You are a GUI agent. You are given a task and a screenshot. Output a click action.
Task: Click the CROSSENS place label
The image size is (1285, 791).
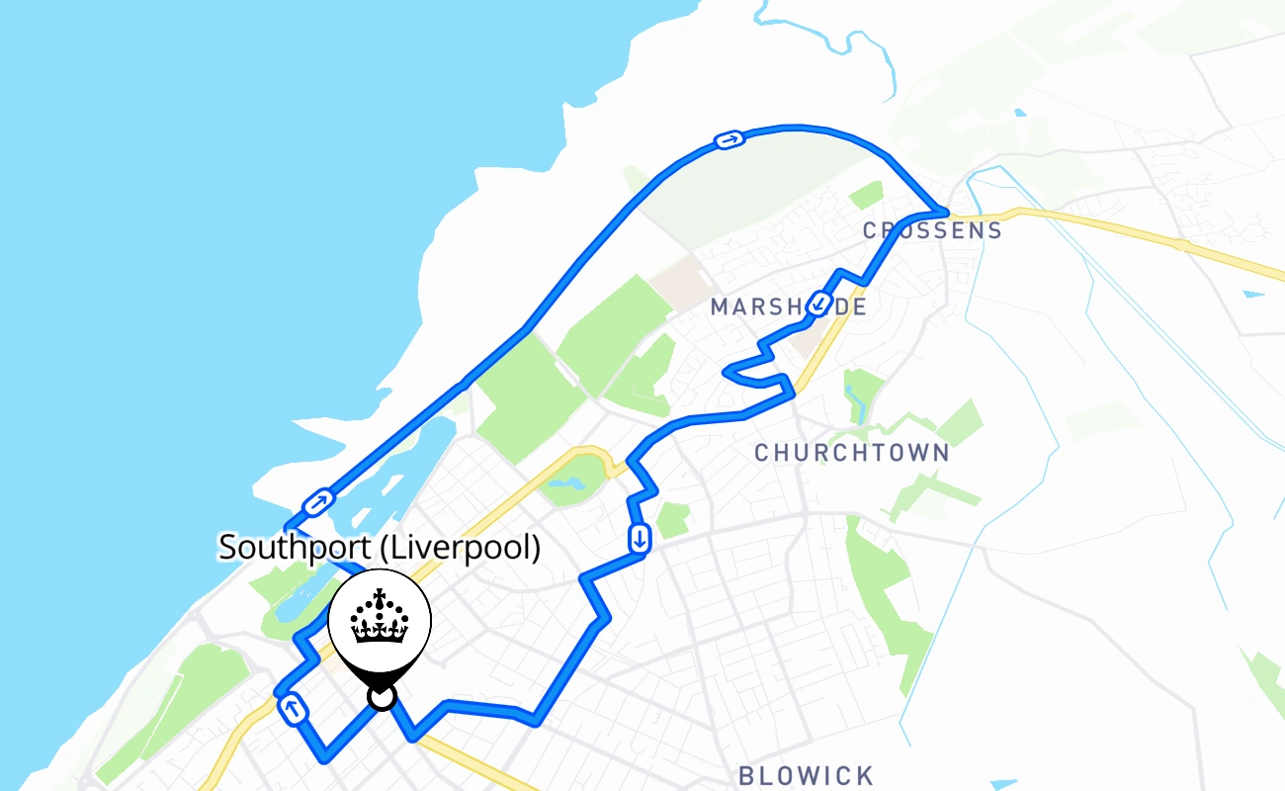click(x=932, y=231)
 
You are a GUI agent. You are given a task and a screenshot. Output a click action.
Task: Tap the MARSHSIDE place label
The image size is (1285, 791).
click(x=788, y=308)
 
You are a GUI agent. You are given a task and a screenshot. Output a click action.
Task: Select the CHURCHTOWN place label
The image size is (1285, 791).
click(x=851, y=453)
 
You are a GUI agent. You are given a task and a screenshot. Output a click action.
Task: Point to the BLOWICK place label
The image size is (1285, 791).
click(x=807, y=775)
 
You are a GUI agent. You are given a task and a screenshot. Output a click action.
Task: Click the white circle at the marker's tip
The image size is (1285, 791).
click(x=381, y=698)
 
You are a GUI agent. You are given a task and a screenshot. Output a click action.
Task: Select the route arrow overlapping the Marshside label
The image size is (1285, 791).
click(x=818, y=304)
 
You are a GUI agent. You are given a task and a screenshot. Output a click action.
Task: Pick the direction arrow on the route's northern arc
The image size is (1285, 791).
click(x=728, y=140)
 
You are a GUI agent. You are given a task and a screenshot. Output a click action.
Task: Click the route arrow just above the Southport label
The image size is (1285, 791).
click(x=317, y=503)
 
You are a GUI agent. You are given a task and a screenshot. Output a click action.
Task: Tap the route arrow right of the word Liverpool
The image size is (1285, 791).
click(x=640, y=539)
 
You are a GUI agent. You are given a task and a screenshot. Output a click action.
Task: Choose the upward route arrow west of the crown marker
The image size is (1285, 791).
click(x=293, y=708)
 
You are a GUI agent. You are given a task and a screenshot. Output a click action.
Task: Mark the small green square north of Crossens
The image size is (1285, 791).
click(x=865, y=195)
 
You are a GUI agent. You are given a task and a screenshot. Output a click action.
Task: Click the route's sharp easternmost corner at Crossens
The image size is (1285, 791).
click(x=945, y=213)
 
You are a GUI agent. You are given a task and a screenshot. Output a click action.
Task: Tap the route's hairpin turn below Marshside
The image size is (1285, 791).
click(x=728, y=372)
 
